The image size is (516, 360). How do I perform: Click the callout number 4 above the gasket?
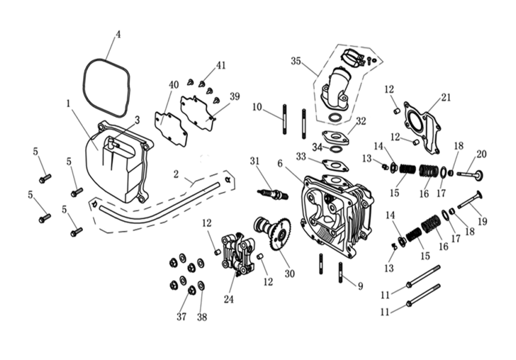[x=118, y=34]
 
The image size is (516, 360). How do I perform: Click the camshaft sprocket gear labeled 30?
[x=280, y=235]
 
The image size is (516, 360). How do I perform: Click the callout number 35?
[x=295, y=61]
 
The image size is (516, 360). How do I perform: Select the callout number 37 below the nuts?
[x=181, y=317]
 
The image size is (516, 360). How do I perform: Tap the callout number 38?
[x=202, y=317]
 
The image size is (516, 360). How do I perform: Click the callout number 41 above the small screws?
[x=221, y=65]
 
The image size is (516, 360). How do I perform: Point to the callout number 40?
[x=173, y=85]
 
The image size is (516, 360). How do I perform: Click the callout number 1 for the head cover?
[x=69, y=103]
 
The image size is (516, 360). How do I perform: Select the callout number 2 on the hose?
[x=176, y=174]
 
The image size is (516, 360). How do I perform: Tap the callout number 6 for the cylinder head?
[x=280, y=163]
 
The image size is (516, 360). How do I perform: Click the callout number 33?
[x=301, y=156]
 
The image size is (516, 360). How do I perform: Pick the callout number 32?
[x=360, y=121]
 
